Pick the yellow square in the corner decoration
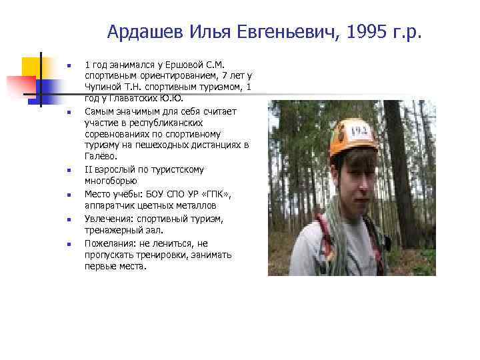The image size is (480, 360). (31, 67)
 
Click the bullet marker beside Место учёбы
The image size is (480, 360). (68, 195)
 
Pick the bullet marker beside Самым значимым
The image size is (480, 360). (68, 111)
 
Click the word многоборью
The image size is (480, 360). (111, 181)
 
